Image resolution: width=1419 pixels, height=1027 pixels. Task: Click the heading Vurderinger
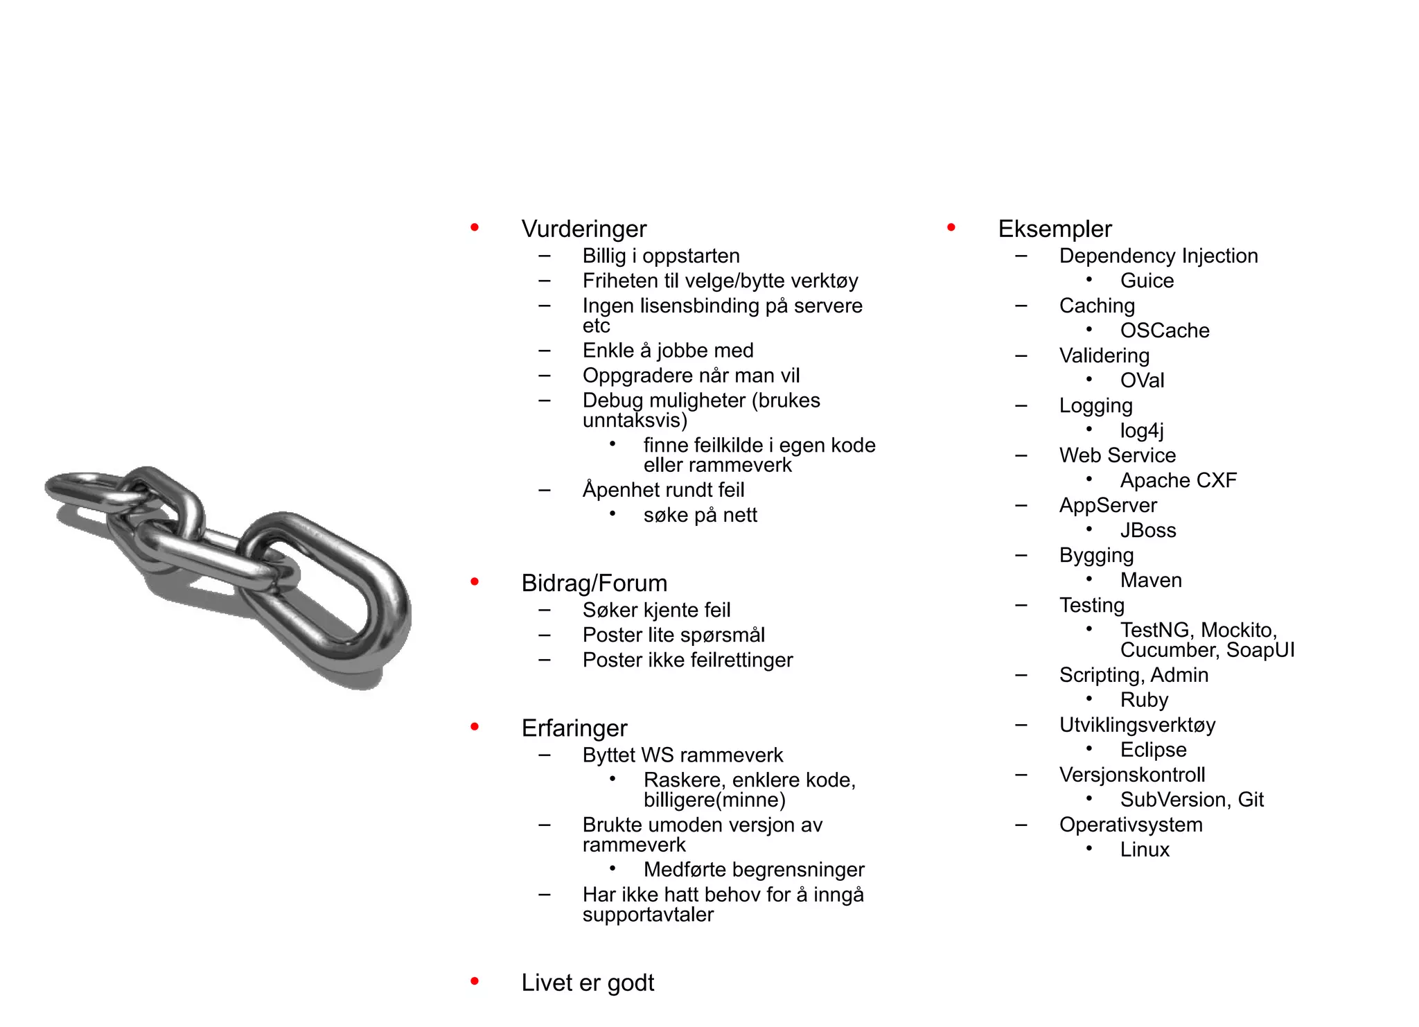(x=583, y=229)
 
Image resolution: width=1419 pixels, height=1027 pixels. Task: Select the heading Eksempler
(x=1055, y=229)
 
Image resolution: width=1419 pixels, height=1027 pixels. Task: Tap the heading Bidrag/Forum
(x=594, y=583)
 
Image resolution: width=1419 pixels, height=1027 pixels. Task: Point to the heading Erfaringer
(x=574, y=728)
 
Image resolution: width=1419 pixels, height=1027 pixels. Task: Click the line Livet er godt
(x=588, y=983)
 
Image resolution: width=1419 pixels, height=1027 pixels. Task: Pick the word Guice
(x=1147, y=281)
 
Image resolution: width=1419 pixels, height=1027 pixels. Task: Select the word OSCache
(x=1164, y=331)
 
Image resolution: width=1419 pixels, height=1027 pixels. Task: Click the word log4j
(x=1141, y=430)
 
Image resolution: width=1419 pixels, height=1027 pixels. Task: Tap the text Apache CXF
(x=1178, y=480)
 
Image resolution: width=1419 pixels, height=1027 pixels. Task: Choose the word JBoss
(x=1148, y=530)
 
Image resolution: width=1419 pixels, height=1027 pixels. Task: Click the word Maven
(x=1151, y=580)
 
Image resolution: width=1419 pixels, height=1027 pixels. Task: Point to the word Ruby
(x=1144, y=700)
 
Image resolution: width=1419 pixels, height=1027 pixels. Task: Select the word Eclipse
(x=1153, y=750)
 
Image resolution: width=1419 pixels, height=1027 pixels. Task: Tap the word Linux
(x=1145, y=850)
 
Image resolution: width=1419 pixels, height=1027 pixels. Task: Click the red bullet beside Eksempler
(x=951, y=227)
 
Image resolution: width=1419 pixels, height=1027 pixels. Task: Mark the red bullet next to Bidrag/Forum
(x=475, y=581)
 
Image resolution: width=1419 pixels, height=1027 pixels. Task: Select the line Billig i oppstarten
(x=661, y=256)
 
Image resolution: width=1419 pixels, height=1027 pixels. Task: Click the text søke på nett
(x=700, y=516)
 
